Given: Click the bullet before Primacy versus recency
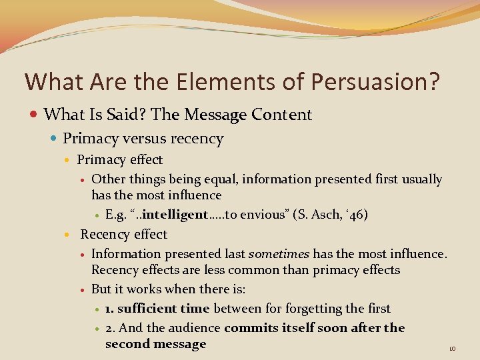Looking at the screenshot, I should [53, 139].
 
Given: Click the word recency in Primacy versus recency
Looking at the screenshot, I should [199, 139].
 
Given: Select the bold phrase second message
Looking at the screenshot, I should [155, 344].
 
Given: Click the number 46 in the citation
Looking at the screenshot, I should [355, 215].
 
